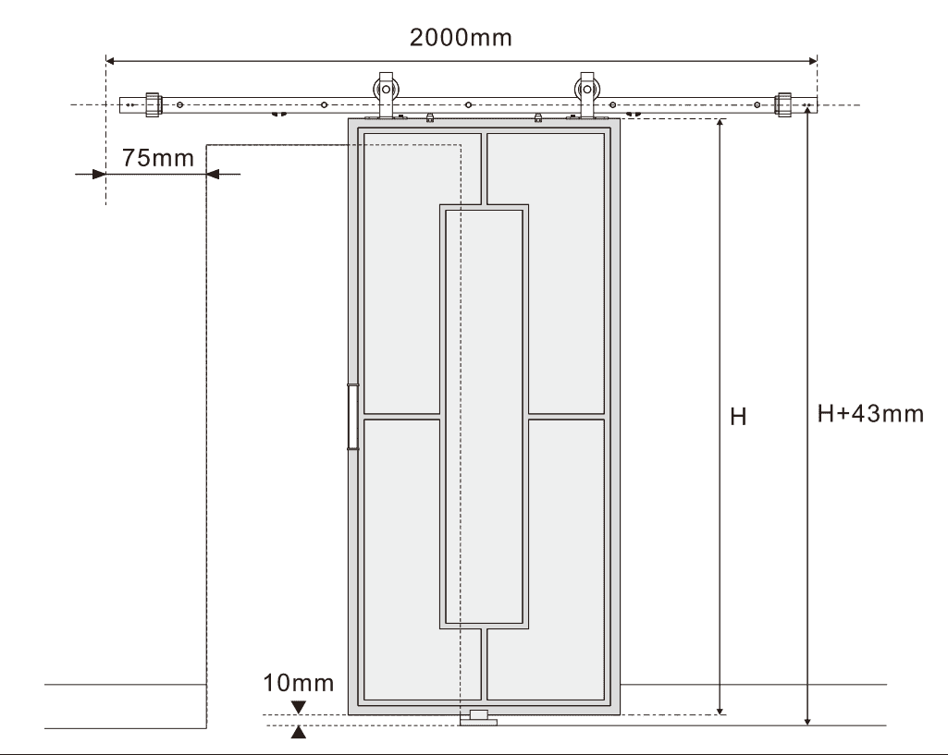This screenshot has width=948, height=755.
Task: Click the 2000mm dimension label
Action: coord(461,38)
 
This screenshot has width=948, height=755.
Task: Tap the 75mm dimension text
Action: coord(158,158)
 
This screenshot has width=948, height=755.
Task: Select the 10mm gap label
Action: coord(298,683)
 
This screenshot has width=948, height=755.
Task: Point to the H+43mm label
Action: coord(870,414)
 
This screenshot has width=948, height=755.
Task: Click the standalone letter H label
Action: coord(738,417)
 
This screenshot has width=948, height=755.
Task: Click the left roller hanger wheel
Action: coord(386,90)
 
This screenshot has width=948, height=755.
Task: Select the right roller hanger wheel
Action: coord(587,90)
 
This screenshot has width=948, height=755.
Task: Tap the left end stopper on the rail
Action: coord(153,105)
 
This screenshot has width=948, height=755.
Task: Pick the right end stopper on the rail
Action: coord(783,105)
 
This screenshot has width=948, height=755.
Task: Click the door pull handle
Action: coord(352,417)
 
